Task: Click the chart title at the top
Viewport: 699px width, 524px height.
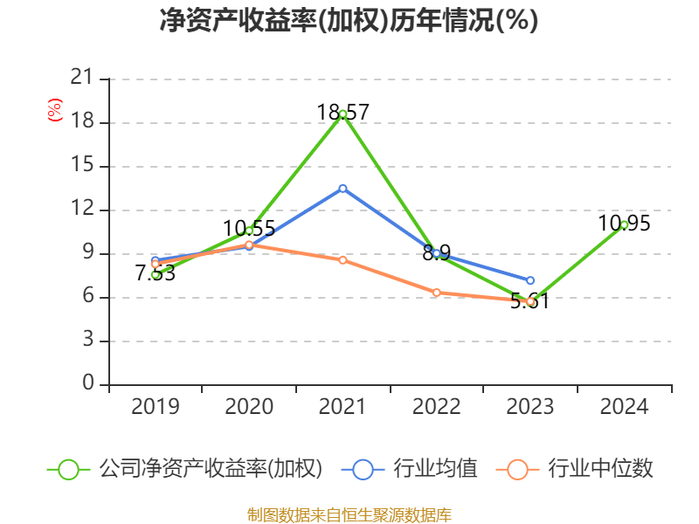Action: coord(349,21)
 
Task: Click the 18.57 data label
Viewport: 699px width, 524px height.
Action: coord(343,112)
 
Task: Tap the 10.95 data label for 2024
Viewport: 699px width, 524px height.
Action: coord(624,224)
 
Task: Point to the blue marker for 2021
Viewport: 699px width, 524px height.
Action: coord(343,188)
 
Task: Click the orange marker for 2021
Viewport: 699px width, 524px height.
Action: coord(343,260)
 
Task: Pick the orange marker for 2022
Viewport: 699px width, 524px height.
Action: coord(436,293)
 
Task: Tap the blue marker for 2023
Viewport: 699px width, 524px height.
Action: coord(530,280)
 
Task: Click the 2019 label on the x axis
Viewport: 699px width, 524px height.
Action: coord(155,407)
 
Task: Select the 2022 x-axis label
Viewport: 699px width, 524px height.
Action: coord(436,407)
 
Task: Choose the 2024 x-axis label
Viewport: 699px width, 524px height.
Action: coord(624,407)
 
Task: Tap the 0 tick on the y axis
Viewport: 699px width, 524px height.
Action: coord(87,384)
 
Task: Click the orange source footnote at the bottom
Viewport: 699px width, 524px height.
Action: coord(349,514)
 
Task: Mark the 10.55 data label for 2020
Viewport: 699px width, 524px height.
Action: coord(249,229)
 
